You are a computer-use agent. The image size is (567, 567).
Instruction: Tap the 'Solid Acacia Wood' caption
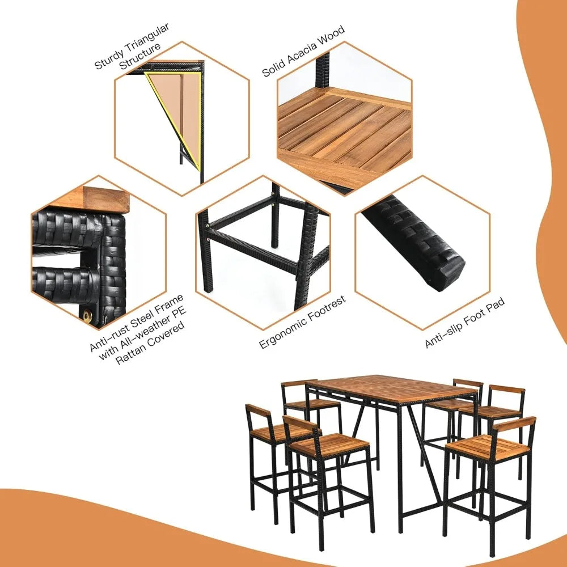303,52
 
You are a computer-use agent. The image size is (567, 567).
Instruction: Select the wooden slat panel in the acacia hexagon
346,130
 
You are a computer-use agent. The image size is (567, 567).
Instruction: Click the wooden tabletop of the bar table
391,388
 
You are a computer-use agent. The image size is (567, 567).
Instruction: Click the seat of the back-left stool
312,404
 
